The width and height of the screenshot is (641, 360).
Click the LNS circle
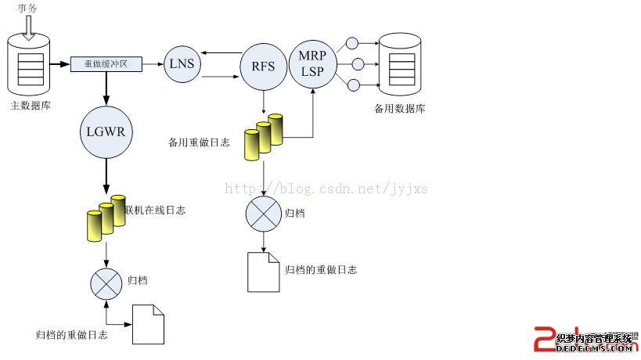[182, 63]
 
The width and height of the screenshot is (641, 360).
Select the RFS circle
[263, 66]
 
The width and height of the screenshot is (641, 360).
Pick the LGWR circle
[106, 131]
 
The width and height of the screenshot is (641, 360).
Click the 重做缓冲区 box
[106, 64]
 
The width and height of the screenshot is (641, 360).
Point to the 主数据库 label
[31, 105]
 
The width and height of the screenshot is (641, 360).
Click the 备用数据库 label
[399, 108]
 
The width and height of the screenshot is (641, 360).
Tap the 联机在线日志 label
[155, 210]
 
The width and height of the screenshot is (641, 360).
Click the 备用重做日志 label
[199, 142]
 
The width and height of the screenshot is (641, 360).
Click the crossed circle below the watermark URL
[263, 214]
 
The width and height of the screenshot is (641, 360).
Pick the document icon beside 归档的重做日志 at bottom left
[149, 323]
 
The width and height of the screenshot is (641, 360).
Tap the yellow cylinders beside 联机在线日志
[106, 217]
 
